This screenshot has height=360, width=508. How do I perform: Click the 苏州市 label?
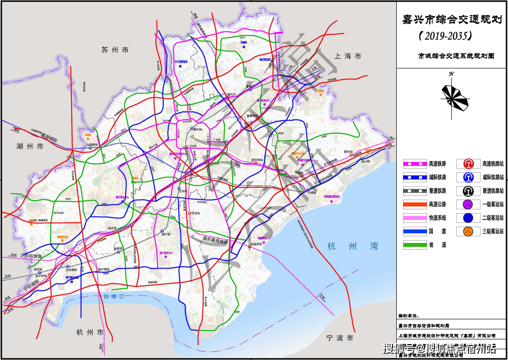click(x=115, y=50)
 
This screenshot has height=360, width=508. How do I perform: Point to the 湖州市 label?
click(x=29, y=145)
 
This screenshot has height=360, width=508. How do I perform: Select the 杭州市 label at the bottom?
click(x=90, y=332)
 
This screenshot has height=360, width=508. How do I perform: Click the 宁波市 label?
click(x=339, y=338)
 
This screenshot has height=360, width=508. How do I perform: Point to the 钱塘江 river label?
click(x=111, y=297)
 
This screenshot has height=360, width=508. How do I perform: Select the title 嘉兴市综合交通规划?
click(x=451, y=20)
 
